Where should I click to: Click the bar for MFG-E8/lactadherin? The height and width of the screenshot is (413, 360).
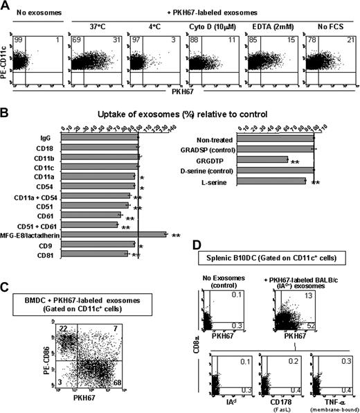(x=114, y=234)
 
